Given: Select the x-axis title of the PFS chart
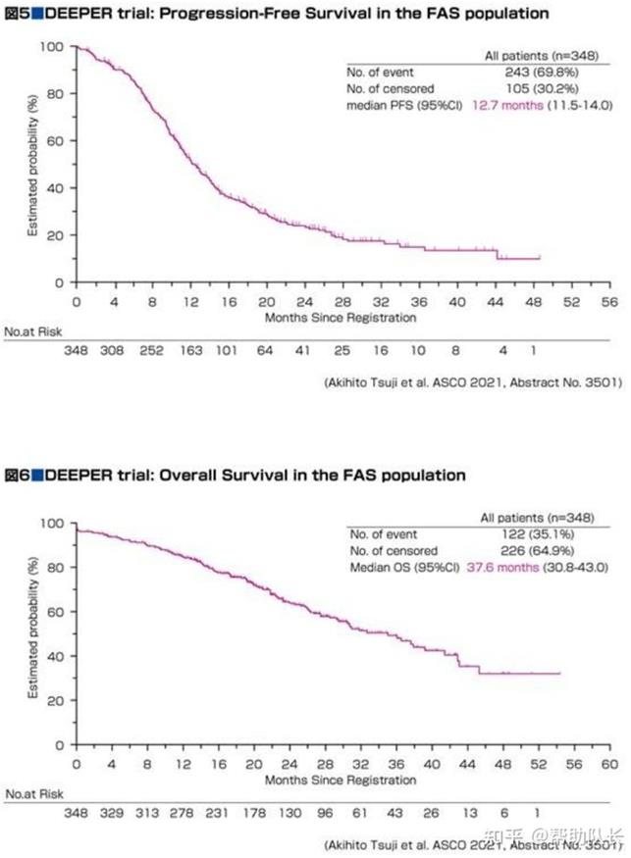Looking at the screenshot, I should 341,317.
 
